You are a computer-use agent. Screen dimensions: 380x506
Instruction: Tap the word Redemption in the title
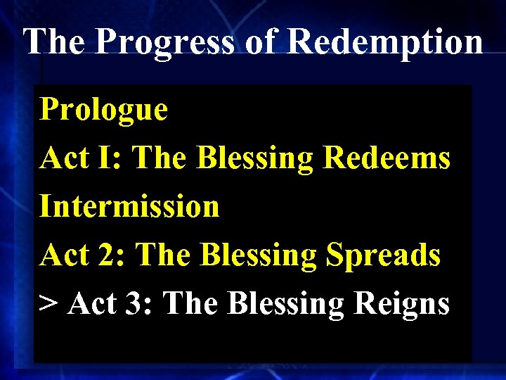pyautogui.click(x=385, y=42)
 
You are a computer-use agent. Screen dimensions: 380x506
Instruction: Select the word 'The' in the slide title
pyautogui.click(x=55, y=42)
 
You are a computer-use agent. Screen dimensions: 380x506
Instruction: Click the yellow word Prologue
pyautogui.click(x=104, y=110)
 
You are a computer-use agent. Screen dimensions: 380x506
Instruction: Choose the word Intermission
pyautogui.click(x=129, y=207)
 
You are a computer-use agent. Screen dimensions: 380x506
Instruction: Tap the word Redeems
pyautogui.click(x=386, y=158)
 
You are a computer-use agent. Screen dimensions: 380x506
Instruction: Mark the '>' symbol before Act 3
pyautogui.click(x=48, y=304)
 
